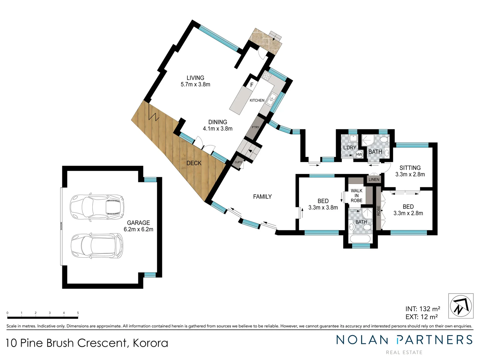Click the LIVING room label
point(195,78)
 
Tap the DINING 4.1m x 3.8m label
point(218,125)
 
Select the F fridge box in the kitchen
point(252,85)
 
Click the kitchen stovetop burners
point(267,76)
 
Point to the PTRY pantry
point(255,127)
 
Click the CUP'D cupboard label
point(238,162)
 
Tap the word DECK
point(194,163)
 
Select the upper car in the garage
point(96,207)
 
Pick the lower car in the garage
point(96,246)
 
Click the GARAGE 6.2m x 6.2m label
point(138,226)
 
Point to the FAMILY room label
point(262,197)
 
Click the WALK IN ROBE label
point(356,196)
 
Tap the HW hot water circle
point(359,154)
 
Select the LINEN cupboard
point(374,179)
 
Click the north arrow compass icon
point(461,306)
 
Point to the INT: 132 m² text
point(422,309)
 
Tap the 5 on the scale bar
point(78,313)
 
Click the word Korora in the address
point(150,343)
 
